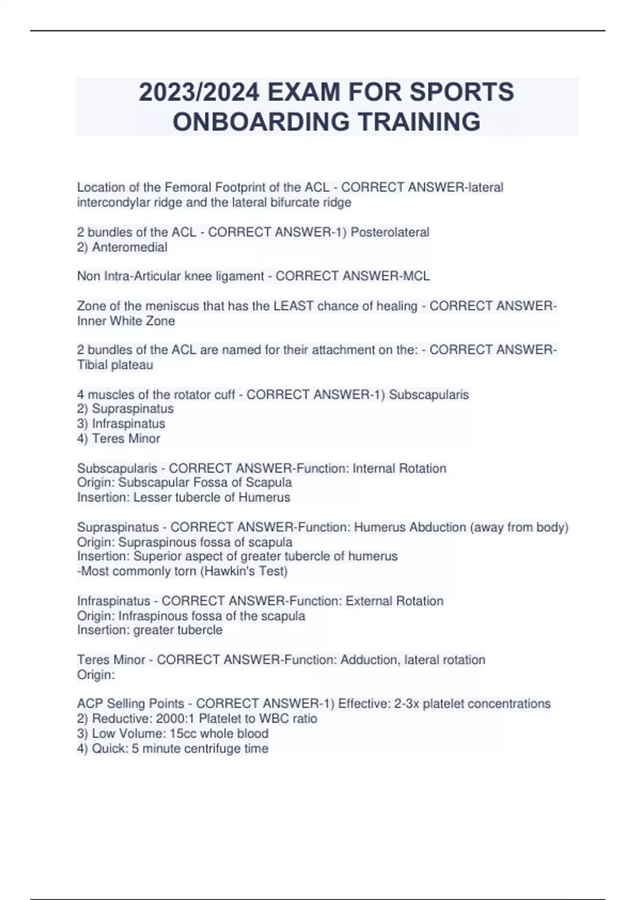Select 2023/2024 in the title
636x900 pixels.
point(199,92)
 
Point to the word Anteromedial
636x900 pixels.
point(129,247)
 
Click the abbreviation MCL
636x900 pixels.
point(416,276)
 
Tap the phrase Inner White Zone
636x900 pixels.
point(126,321)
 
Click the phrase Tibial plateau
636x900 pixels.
point(115,365)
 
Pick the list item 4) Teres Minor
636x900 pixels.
point(119,438)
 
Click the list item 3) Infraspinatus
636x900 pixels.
point(121,424)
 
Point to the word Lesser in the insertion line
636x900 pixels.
point(151,498)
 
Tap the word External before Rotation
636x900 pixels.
point(368,601)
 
